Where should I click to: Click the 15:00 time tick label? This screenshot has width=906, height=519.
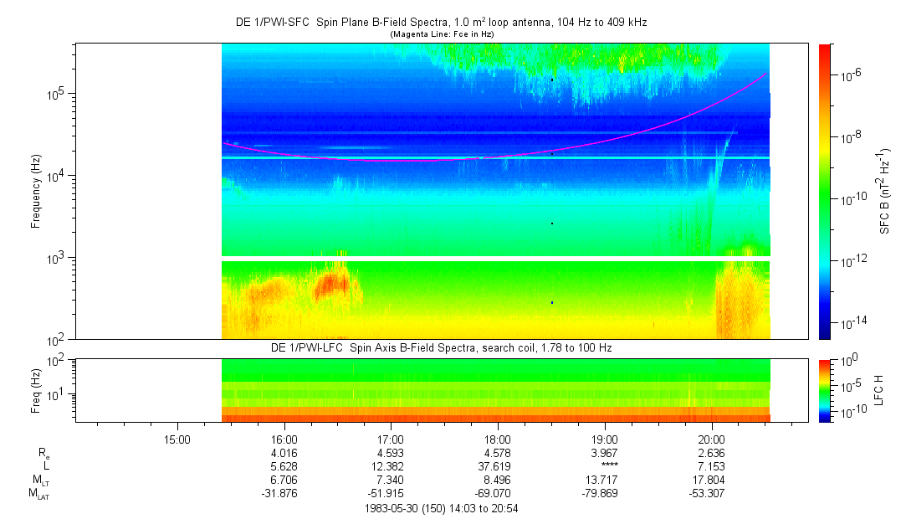[x=177, y=439]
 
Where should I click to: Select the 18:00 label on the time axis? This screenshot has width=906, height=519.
[x=498, y=439]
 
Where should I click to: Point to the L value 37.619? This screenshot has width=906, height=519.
[x=498, y=466]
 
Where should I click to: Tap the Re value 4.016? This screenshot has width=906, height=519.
[x=284, y=453]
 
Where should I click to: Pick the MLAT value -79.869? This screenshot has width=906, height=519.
[x=604, y=494]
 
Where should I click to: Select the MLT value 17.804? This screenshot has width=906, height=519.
[x=711, y=480]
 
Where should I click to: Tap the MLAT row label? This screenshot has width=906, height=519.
[x=39, y=494]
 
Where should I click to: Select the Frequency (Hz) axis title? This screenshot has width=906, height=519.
[x=36, y=192]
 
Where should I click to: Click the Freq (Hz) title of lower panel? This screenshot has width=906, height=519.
[x=36, y=390]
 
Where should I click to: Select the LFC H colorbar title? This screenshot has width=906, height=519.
[x=879, y=390]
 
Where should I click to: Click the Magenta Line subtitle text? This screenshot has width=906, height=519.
[x=442, y=34]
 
